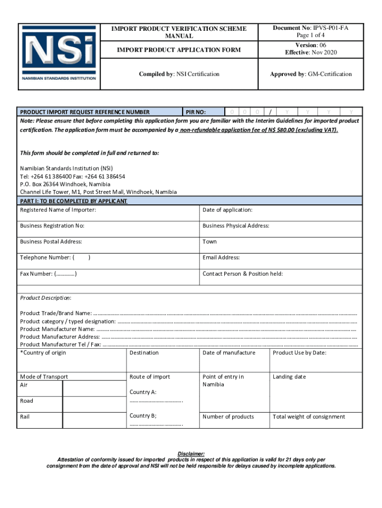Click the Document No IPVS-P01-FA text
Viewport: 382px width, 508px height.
tap(311, 28)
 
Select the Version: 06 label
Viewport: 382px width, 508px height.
tap(311, 45)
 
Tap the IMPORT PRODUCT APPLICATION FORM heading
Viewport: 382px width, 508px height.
tap(179, 50)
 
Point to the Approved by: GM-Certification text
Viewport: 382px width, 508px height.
tap(311, 74)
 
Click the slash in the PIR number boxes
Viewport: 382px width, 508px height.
tap(270, 112)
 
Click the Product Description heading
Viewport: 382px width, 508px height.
tap(46, 298)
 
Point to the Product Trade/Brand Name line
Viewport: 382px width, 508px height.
tap(189, 314)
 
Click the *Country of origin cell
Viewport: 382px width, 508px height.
tap(72, 360)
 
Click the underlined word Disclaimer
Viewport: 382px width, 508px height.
tap(191, 454)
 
